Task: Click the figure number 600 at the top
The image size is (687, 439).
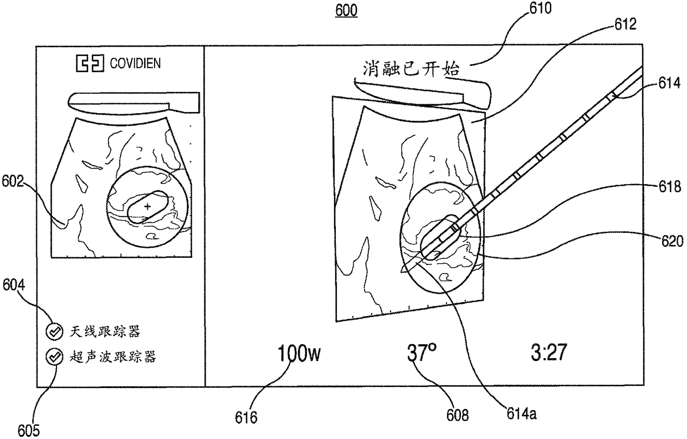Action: tap(346, 11)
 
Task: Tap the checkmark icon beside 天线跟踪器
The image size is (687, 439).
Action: tap(54, 331)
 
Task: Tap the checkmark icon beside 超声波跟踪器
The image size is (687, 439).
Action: tap(54, 357)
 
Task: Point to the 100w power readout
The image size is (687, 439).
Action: tap(299, 353)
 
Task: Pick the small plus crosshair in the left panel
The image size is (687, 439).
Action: tap(147, 207)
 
